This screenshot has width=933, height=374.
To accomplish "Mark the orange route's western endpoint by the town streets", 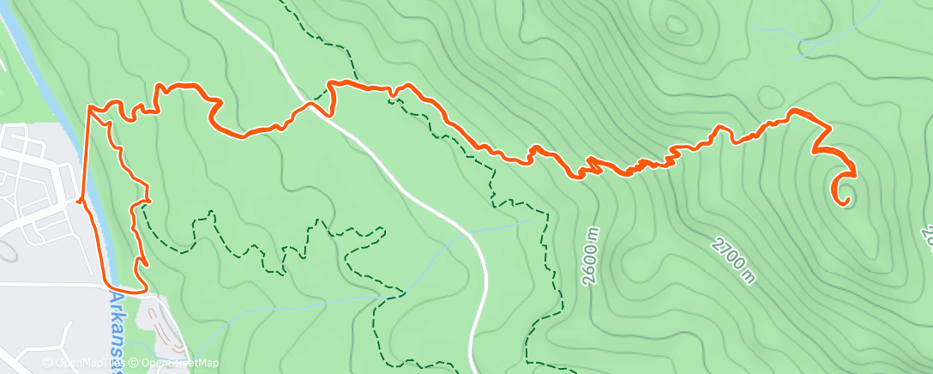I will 79,201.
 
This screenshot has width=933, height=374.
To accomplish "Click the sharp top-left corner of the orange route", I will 89,106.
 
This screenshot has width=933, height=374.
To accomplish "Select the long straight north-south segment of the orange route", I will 86,154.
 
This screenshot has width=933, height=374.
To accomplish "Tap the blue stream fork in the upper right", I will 804,42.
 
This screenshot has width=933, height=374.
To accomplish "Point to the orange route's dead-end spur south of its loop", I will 142,262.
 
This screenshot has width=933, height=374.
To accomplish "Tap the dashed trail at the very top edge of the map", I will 286,3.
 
